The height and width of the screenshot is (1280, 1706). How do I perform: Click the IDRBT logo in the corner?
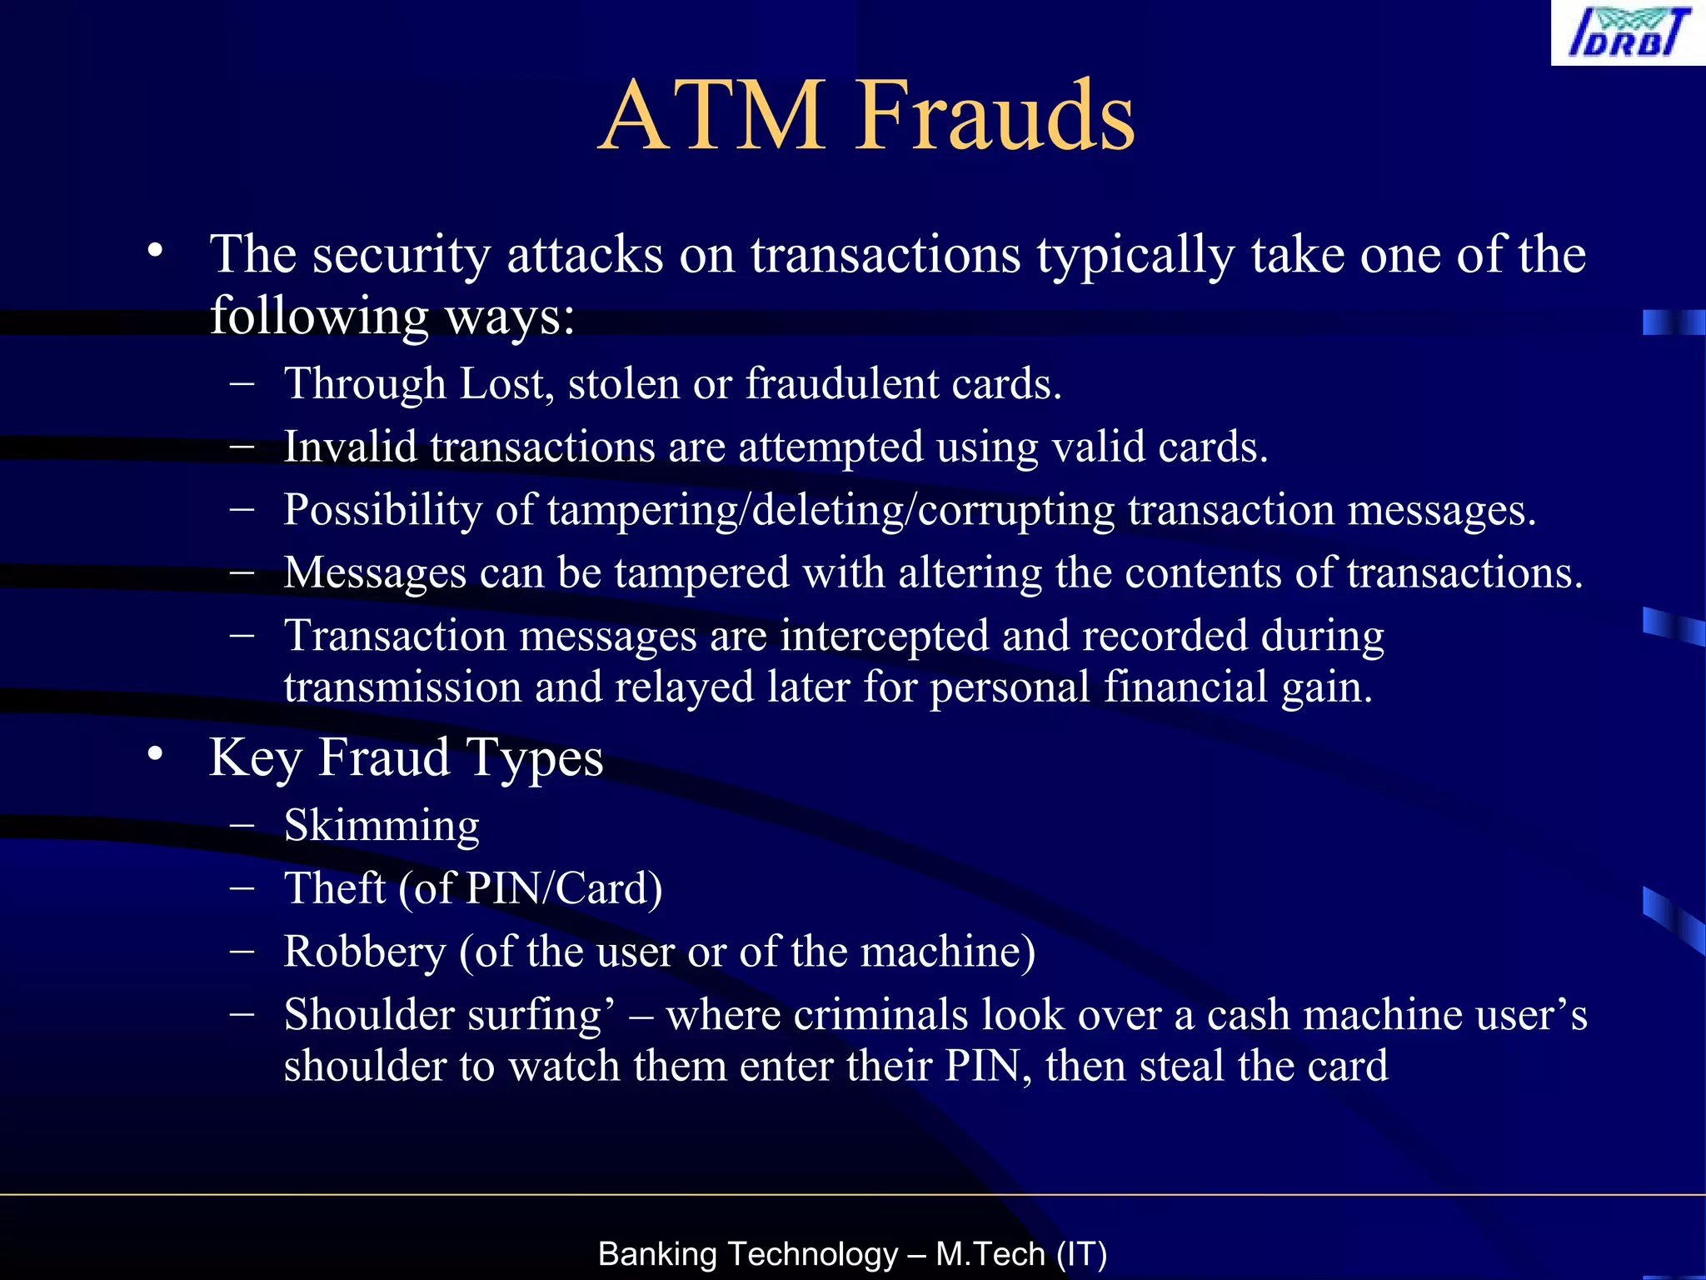(x=1628, y=32)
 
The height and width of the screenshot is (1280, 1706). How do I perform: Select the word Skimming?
(x=382, y=826)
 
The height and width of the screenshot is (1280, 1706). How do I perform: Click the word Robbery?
(x=364, y=952)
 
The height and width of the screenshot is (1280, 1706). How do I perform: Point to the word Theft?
(x=334, y=888)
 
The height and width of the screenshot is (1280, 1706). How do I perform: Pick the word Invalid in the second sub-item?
(x=350, y=447)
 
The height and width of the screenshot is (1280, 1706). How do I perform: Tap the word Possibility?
(x=382, y=510)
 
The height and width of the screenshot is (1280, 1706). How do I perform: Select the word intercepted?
(x=884, y=637)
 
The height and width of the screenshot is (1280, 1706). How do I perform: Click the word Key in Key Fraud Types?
(x=255, y=758)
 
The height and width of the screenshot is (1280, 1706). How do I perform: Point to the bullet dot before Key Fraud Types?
(x=155, y=754)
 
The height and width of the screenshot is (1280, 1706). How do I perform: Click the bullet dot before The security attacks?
(x=155, y=250)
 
